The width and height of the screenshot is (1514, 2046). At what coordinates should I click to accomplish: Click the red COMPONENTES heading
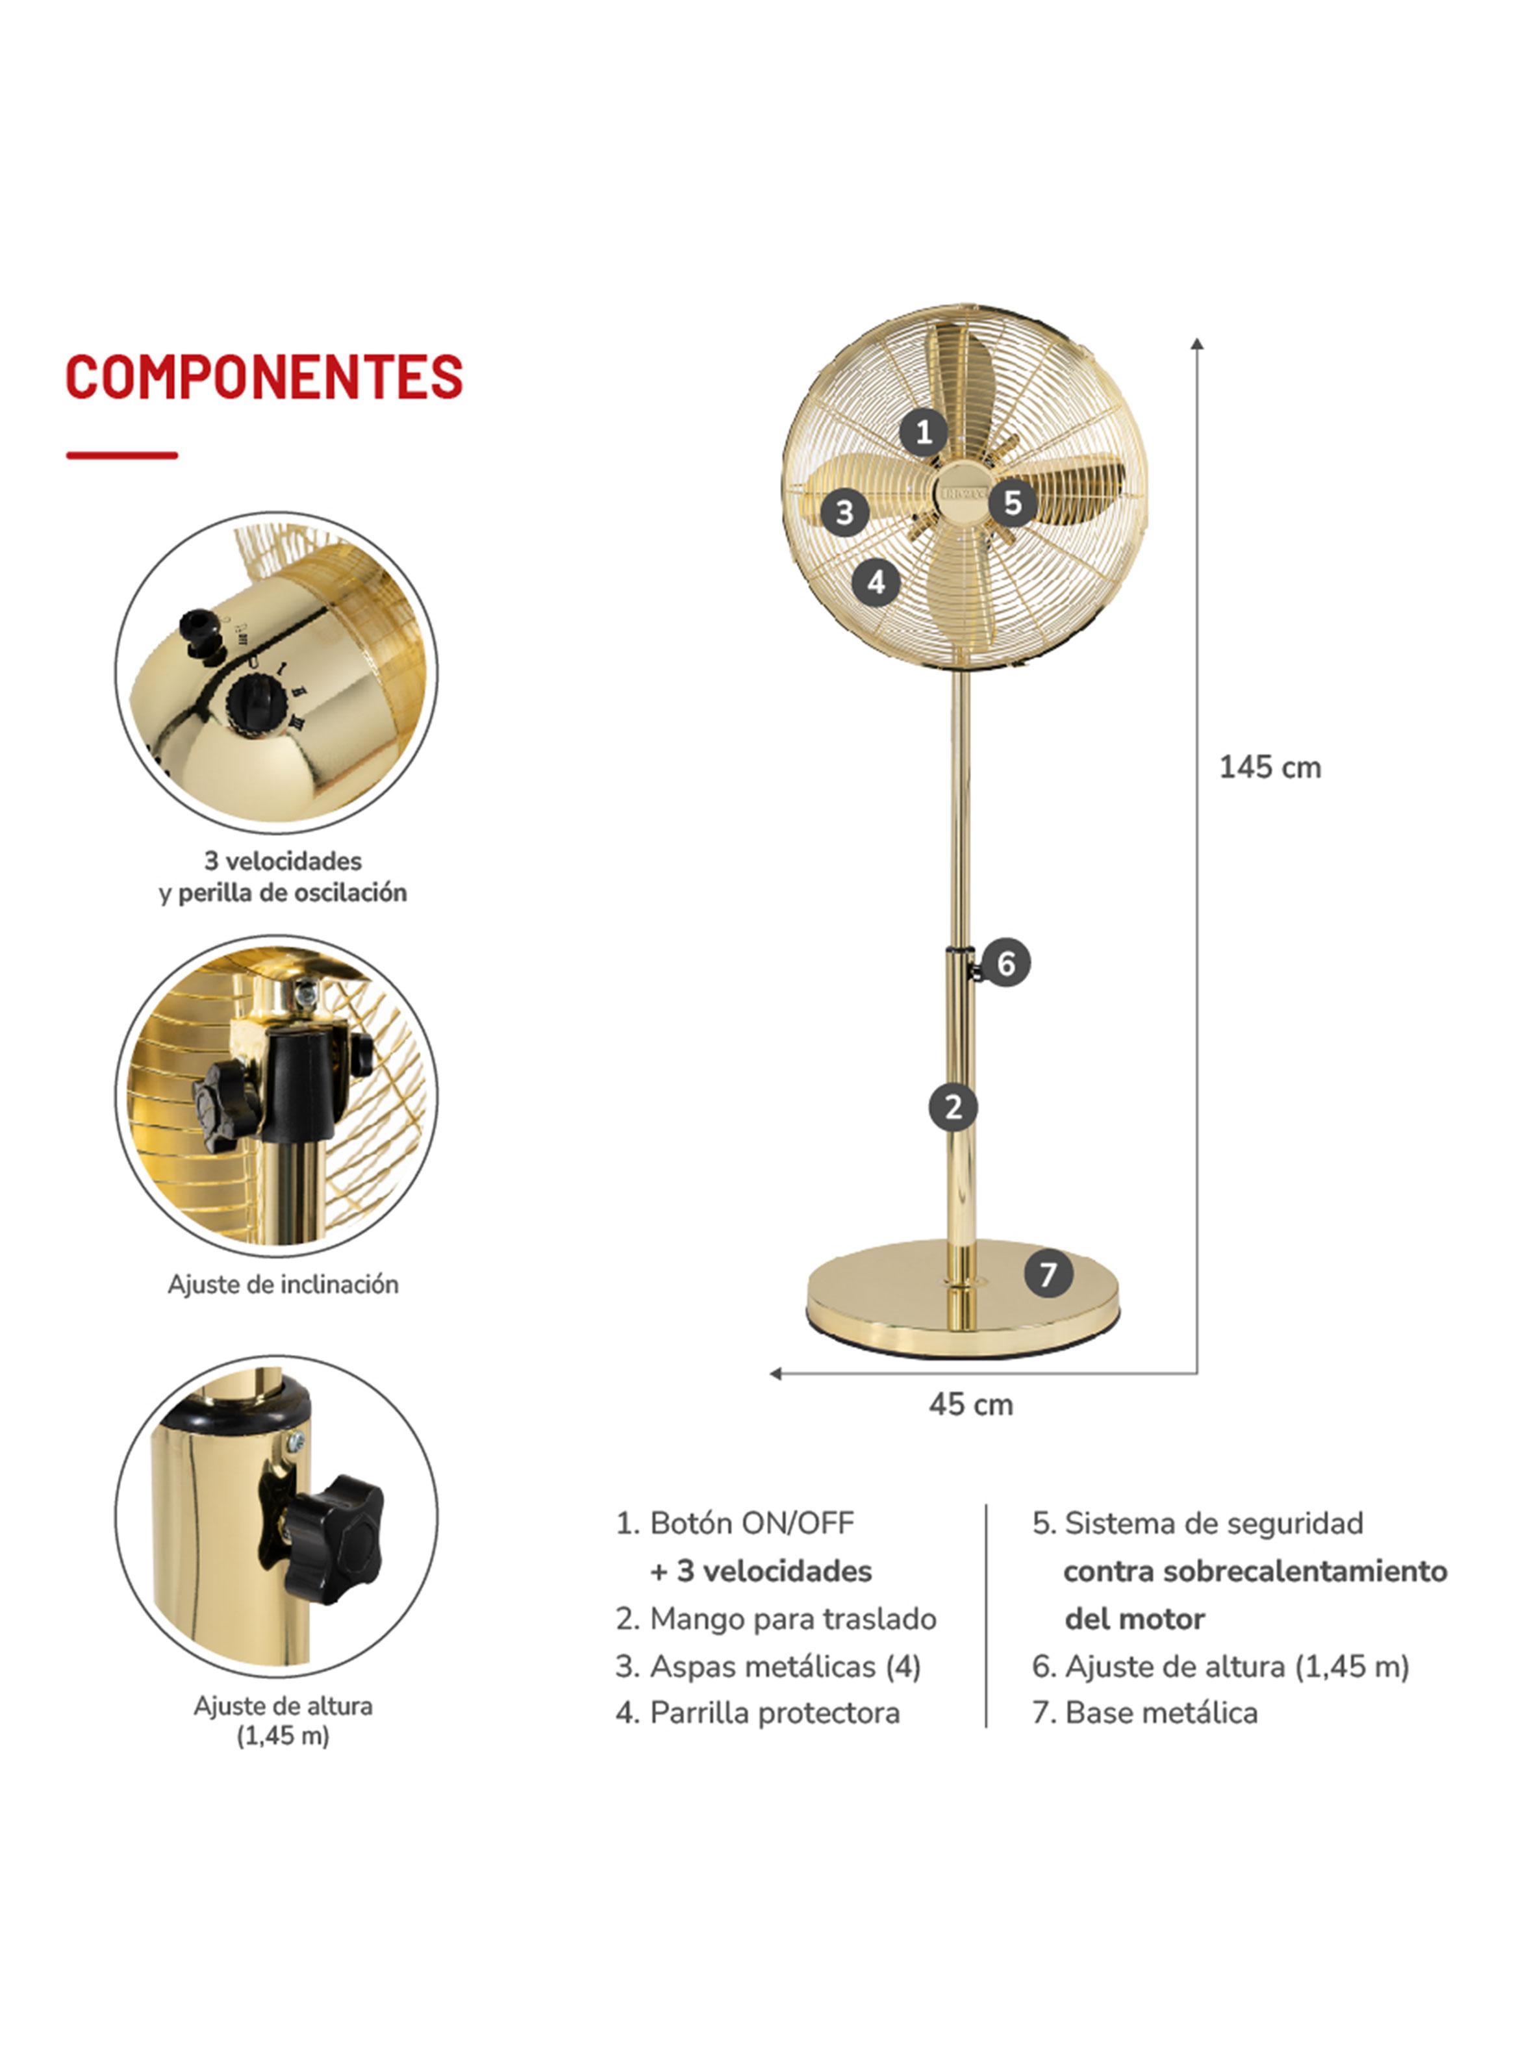click(x=264, y=377)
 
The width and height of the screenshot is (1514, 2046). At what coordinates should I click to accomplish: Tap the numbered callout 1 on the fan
click(x=924, y=431)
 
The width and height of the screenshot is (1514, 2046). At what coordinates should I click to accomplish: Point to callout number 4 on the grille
click(x=876, y=582)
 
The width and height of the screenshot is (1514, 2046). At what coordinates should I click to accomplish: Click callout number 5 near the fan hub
click(x=1012, y=502)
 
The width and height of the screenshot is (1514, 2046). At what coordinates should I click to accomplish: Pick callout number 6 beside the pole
click(x=1006, y=963)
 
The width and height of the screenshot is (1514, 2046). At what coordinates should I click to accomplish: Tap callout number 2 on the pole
click(x=953, y=1107)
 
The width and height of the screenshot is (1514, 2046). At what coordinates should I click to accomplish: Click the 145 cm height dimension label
click(x=1270, y=767)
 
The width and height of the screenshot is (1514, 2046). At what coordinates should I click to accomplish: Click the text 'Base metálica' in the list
click(x=1161, y=1713)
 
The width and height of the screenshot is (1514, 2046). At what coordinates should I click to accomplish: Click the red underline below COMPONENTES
click(x=122, y=455)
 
